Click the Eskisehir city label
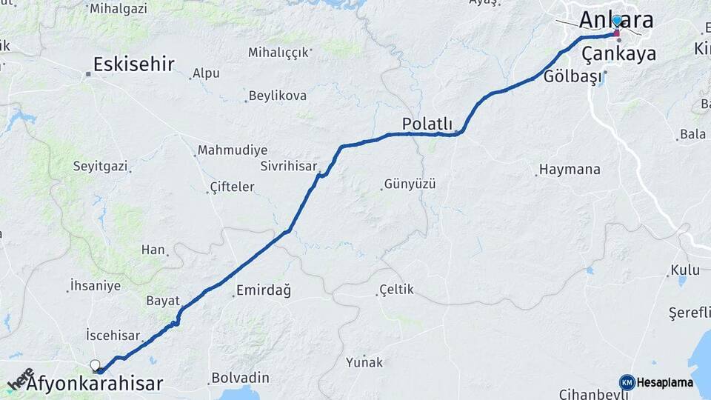134,64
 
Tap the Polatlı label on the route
427,124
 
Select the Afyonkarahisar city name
95,384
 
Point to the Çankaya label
618,54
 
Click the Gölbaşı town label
573,77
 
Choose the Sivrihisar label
289,166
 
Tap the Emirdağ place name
263,290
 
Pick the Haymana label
570,170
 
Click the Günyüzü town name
410,184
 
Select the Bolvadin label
240,378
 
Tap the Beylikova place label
278,96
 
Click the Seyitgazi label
100,166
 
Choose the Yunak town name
364,362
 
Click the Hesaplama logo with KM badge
656,382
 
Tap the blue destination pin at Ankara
616,21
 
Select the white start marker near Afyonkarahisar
95,364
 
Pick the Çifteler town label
233,187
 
